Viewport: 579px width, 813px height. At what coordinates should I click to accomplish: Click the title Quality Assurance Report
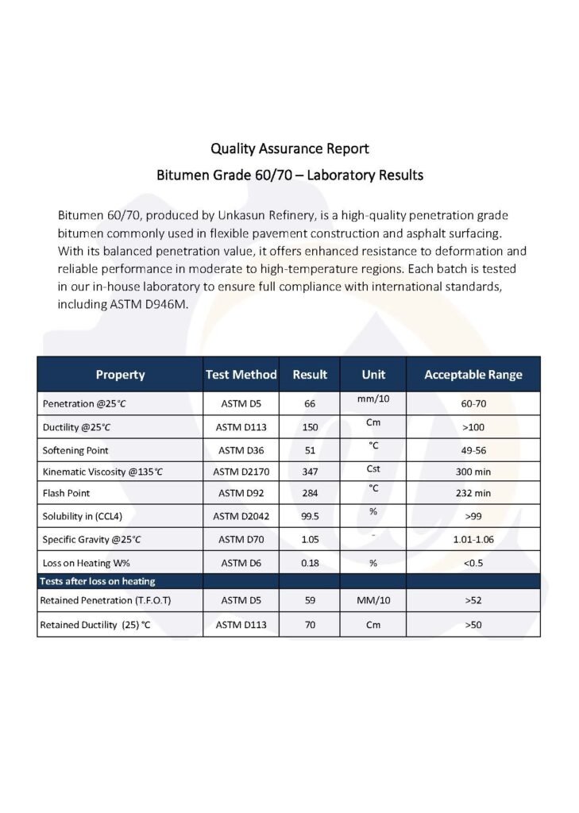[x=289, y=148]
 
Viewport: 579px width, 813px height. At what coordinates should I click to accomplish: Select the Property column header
[x=120, y=375]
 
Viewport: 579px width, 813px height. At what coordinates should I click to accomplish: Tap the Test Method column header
[x=241, y=375]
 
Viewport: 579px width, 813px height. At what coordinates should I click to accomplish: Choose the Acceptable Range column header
[x=473, y=375]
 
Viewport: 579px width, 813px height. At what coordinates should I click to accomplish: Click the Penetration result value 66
[x=310, y=404]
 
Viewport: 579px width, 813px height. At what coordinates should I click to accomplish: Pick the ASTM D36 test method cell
[x=241, y=449]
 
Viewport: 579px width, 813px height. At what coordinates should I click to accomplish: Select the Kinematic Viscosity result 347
[x=310, y=472]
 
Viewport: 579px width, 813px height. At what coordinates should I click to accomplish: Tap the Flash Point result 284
[x=310, y=494]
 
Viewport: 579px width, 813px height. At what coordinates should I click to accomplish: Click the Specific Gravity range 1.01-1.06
[x=473, y=540]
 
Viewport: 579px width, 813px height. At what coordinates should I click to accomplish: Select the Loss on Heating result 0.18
[x=310, y=563]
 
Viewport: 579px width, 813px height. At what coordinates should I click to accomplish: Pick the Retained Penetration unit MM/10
[x=372, y=601]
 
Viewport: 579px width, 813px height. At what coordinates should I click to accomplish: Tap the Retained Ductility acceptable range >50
[x=473, y=625]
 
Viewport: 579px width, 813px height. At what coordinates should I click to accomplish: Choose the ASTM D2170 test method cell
[x=241, y=472]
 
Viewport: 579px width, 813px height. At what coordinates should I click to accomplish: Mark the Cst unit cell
[x=372, y=469]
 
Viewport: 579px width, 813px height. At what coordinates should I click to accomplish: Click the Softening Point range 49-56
[x=473, y=449]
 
